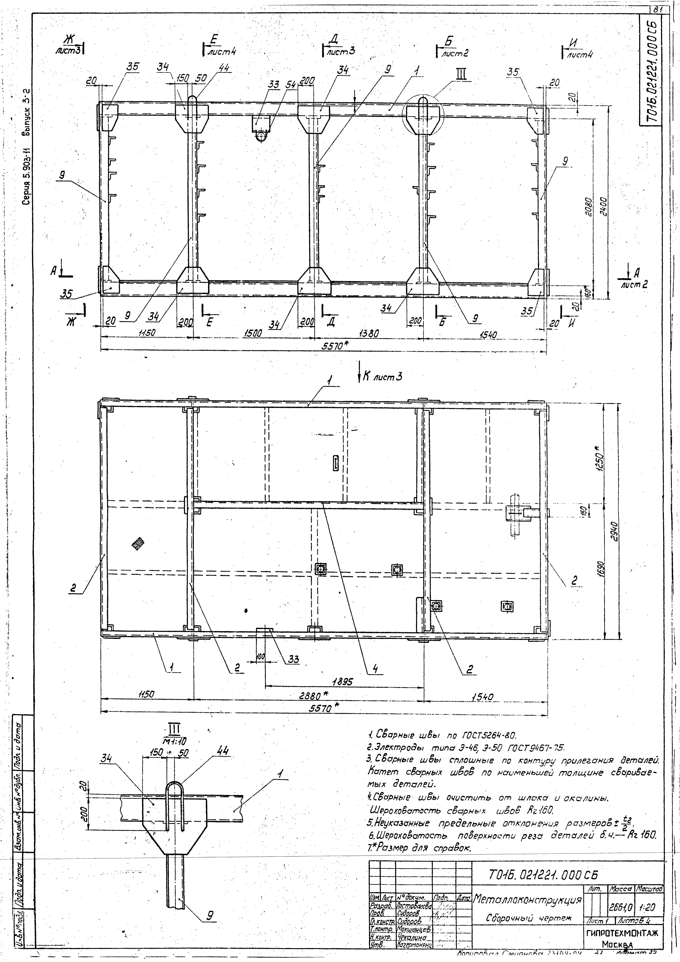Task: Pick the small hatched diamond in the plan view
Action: point(137,544)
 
